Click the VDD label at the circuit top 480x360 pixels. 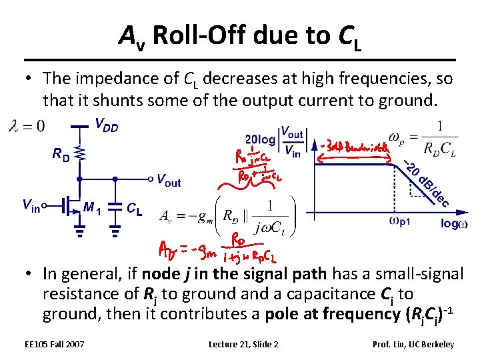coord(106,125)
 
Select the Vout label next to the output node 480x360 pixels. coord(168,179)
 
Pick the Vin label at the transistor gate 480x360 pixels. coord(30,205)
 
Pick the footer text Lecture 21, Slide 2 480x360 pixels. coord(243,344)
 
